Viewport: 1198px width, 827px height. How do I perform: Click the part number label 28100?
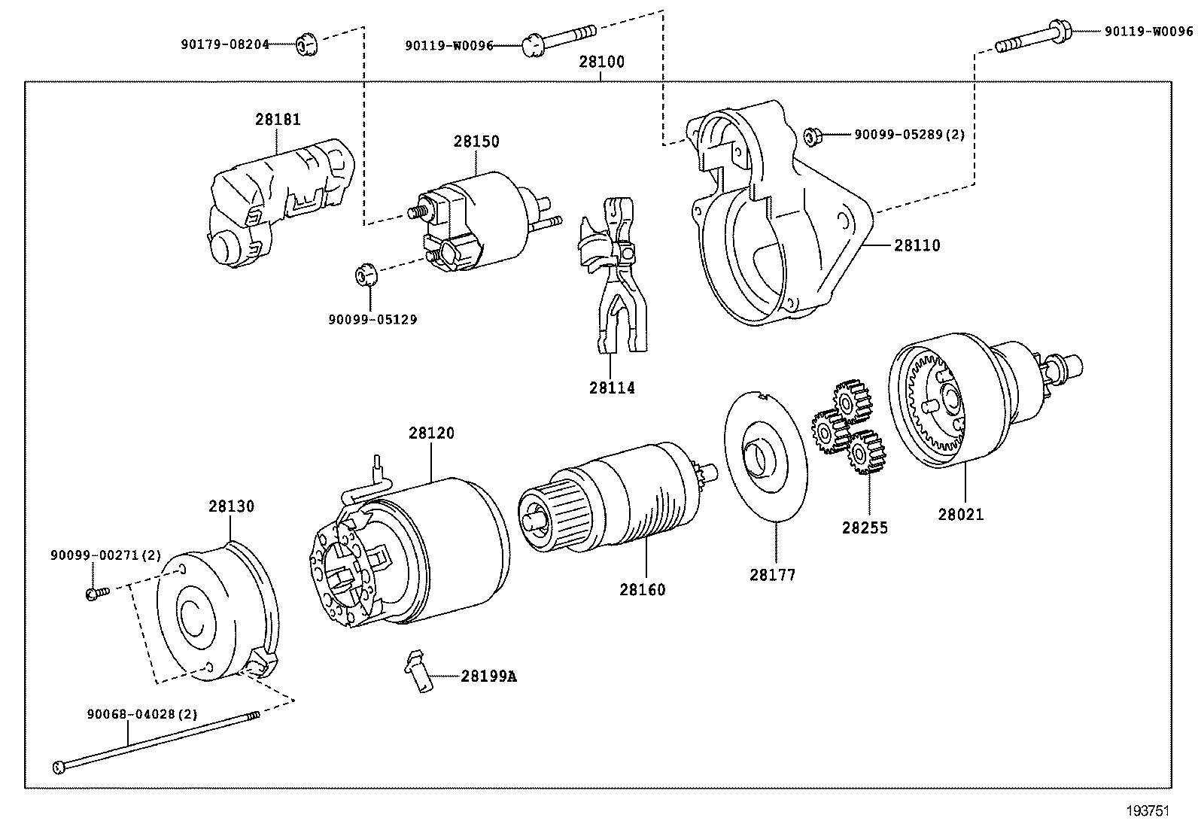click(x=601, y=62)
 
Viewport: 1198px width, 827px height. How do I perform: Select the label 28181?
click(x=277, y=119)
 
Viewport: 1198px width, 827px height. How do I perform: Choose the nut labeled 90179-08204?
click(x=306, y=45)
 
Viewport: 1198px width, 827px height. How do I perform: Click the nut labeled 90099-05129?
click(x=365, y=275)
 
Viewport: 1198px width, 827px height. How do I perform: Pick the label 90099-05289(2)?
click(x=909, y=135)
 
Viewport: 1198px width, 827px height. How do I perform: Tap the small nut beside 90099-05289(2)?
click(x=812, y=136)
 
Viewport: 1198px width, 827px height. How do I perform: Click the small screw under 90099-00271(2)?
click(x=96, y=594)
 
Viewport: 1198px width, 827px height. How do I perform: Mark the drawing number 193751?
click(x=1148, y=810)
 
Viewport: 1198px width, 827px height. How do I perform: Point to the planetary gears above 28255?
click(x=847, y=429)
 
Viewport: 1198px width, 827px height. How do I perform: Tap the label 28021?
click(x=961, y=515)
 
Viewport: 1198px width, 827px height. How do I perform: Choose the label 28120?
click(x=431, y=433)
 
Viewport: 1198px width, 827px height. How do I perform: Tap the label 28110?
click(x=917, y=245)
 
